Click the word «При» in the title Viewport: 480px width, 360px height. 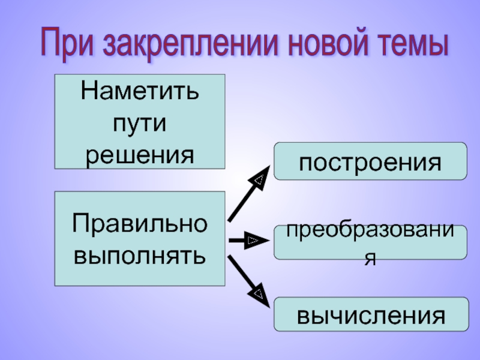coord(68,43)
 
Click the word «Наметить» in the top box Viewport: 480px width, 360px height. coord(140,94)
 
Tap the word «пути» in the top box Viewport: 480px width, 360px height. coord(140,125)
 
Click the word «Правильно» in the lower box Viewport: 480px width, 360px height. coord(140,224)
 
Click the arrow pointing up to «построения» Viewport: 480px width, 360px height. coord(246,197)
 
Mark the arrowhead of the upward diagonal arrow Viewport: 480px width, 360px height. coord(259,179)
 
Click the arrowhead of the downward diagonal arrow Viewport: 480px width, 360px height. coord(259,294)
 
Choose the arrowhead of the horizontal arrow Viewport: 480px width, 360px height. coord(253,241)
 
